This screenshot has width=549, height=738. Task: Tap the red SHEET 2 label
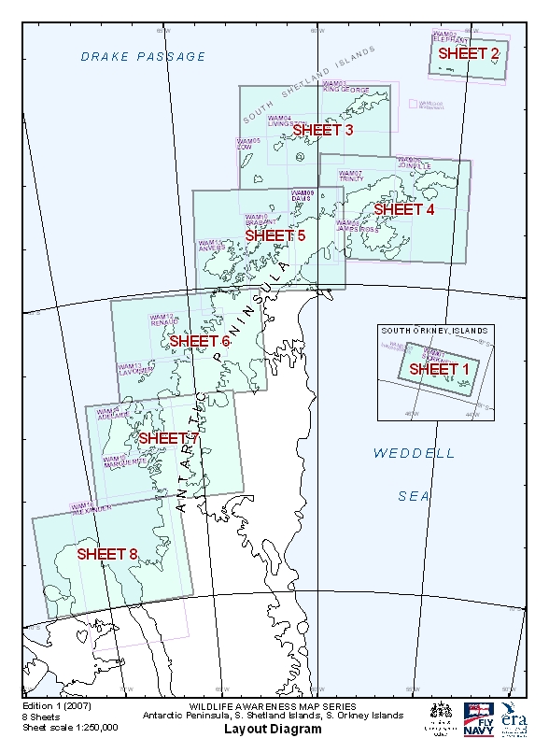[x=469, y=53]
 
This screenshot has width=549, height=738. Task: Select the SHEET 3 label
[x=323, y=130]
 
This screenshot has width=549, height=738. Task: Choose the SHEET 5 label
[x=275, y=235]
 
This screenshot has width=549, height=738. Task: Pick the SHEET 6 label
[x=200, y=341]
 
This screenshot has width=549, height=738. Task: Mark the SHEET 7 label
[x=169, y=437]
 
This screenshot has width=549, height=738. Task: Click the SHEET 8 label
[x=107, y=553]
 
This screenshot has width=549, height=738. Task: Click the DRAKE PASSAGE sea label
[x=143, y=57]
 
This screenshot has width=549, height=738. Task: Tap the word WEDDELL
[x=415, y=453]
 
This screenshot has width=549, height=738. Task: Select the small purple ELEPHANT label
[x=451, y=39]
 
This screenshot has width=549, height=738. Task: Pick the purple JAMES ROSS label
[x=356, y=227]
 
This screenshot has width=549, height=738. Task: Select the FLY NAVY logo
[x=477, y=718]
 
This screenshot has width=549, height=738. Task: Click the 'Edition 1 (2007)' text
[x=54, y=707]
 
